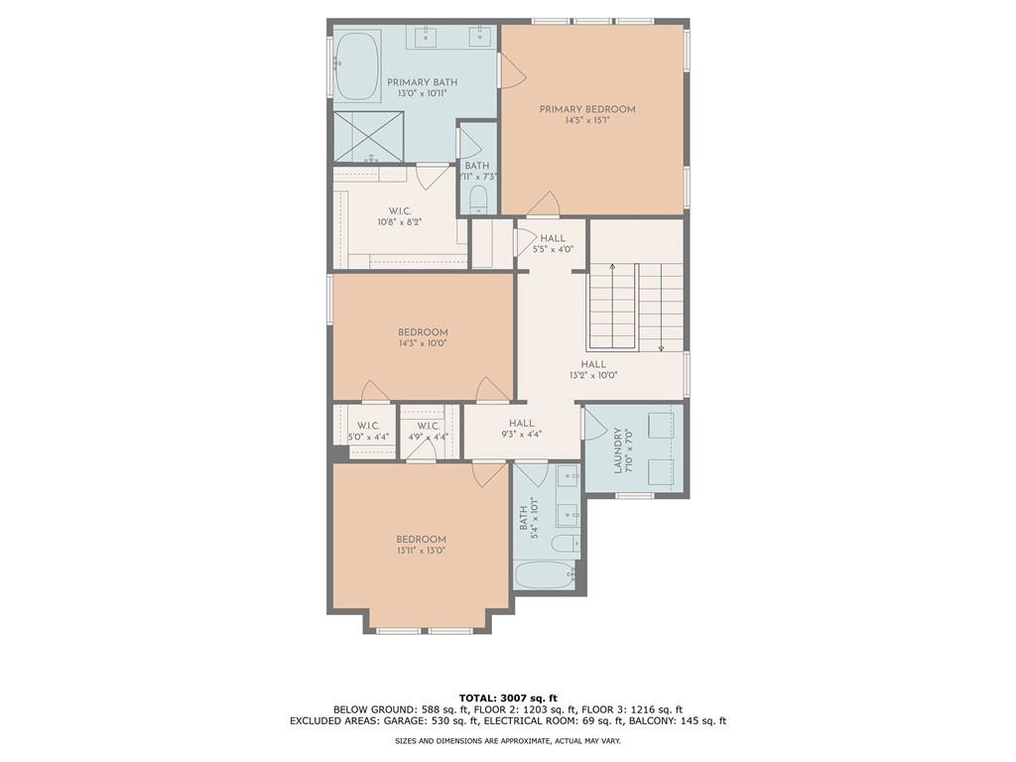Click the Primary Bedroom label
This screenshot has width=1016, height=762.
click(587, 109)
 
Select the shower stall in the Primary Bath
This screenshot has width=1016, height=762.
click(368, 136)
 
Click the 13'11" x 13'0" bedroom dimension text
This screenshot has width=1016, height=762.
click(421, 550)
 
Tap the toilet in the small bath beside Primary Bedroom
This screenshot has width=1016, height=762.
click(478, 197)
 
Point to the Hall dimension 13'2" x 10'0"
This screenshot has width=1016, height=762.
click(593, 376)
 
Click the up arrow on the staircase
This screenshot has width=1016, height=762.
click(612, 270)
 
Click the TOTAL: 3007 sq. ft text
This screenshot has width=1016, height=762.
click(507, 698)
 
